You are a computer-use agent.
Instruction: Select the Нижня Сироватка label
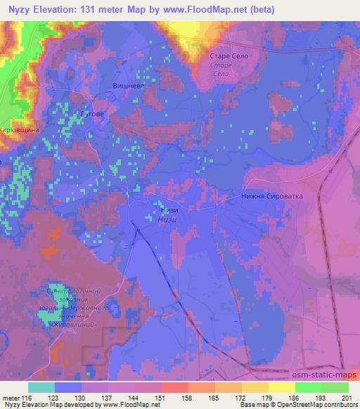[x=271, y=197]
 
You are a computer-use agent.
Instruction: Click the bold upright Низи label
[x=169, y=209]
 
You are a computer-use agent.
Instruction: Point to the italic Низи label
[x=169, y=219]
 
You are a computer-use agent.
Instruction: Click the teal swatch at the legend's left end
[x=41, y=387]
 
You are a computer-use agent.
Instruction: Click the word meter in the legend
[x=11, y=397]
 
